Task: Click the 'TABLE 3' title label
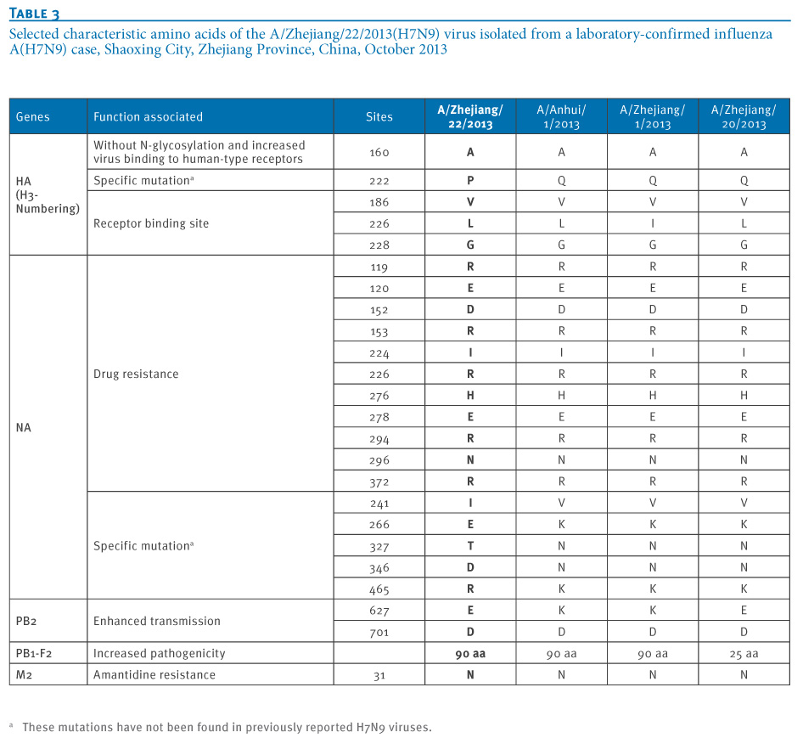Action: tap(34, 14)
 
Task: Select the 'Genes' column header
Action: tap(33, 117)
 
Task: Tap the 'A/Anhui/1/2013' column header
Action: tap(561, 117)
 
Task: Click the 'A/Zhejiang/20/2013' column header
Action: tap(744, 117)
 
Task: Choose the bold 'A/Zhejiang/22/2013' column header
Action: tap(470, 117)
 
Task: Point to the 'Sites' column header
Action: tap(379, 117)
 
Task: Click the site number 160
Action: tap(379, 152)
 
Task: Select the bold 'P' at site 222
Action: tap(470, 180)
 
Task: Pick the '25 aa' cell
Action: tap(744, 653)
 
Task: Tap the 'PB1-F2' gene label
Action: tap(34, 653)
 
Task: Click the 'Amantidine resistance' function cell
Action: tap(154, 675)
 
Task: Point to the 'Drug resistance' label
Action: tap(136, 375)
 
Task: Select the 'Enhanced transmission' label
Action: tap(157, 621)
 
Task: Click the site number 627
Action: tap(379, 611)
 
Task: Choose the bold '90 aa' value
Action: tap(470, 653)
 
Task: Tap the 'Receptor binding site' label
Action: tap(151, 223)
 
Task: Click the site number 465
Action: tap(379, 589)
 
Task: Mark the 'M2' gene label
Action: tap(24, 675)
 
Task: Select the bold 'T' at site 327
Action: tap(470, 546)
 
